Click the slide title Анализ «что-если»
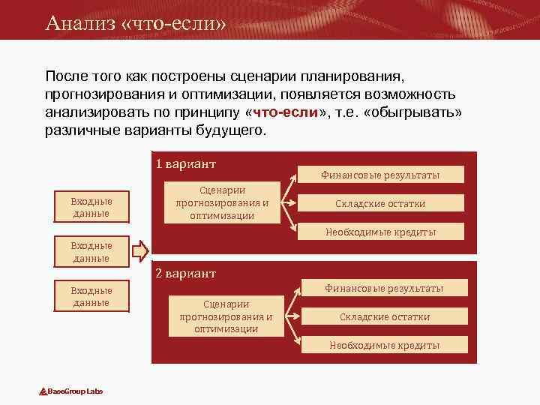(x=135, y=22)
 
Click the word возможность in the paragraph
(x=414, y=95)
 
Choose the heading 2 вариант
(x=185, y=273)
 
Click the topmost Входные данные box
(x=91, y=207)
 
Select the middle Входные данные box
(x=91, y=251)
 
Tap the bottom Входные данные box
(x=91, y=296)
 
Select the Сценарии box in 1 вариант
(x=222, y=202)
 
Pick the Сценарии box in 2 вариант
(x=226, y=316)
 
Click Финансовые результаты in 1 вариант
(x=380, y=175)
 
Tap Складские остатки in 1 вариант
(x=380, y=203)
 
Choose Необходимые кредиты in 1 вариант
(x=380, y=232)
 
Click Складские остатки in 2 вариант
(x=384, y=316)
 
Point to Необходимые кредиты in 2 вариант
(x=384, y=345)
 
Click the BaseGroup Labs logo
(x=71, y=391)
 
